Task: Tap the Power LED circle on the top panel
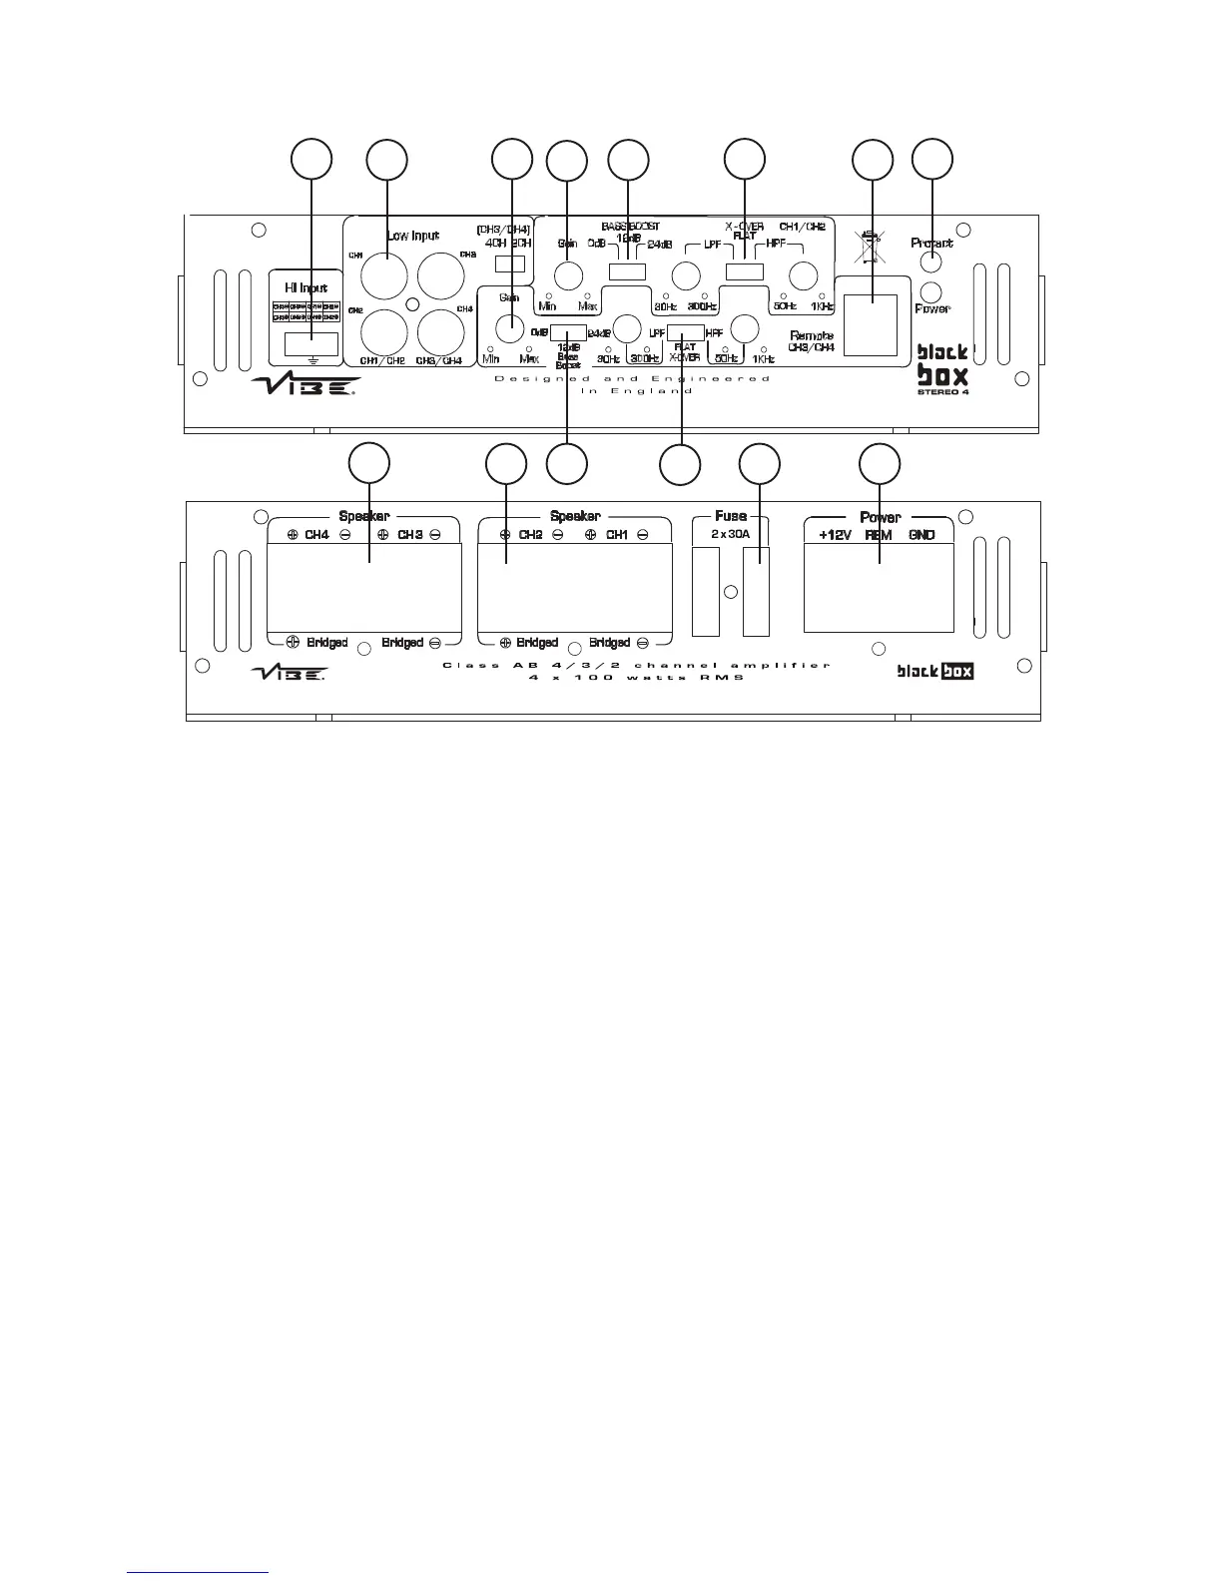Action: [x=930, y=291]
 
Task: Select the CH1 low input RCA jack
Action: [x=383, y=275]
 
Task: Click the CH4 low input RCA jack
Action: [x=442, y=332]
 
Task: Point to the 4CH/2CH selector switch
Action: [x=510, y=264]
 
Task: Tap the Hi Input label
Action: [x=305, y=288]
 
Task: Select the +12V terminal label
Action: [x=835, y=535]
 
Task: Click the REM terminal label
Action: [x=879, y=535]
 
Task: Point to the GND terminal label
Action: [x=921, y=535]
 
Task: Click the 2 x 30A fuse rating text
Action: [x=731, y=535]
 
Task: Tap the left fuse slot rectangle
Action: [x=706, y=592]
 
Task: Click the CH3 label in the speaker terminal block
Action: [x=410, y=535]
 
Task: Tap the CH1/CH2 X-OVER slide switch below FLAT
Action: [x=744, y=271]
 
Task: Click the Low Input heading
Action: [x=413, y=236]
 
